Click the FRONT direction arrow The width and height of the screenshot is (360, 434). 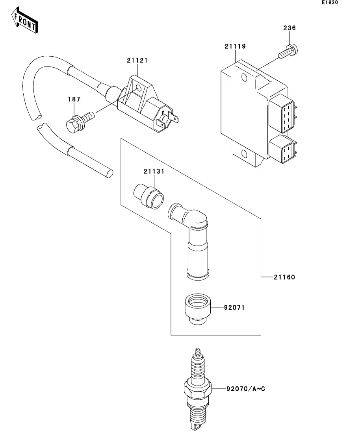[25, 20]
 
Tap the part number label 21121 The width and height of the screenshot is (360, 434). [137, 60]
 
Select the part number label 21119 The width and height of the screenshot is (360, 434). [235, 46]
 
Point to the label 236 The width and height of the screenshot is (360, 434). [289, 28]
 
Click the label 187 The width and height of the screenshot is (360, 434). [74, 99]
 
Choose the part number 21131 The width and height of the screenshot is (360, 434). [154, 171]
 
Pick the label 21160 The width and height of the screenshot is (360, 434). [284, 277]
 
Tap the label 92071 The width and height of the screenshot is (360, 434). [234, 308]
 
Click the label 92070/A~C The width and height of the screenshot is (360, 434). [246, 389]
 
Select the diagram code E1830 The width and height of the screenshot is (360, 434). [330, 2]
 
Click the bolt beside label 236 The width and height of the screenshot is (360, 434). [288, 52]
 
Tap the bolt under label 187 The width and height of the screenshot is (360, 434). [80, 122]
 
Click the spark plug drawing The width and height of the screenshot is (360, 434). [198, 389]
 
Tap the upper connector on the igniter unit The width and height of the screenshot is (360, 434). [282, 113]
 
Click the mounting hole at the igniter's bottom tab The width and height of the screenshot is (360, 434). [244, 153]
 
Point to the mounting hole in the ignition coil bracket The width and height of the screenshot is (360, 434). [138, 89]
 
